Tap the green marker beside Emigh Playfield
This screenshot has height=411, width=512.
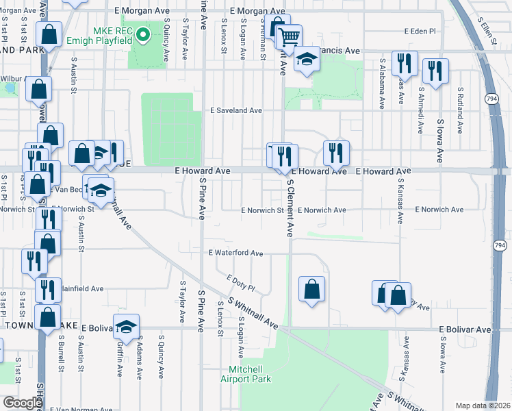[143, 34]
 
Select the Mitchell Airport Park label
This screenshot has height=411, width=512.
[245, 374]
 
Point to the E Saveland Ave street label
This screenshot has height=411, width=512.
[236, 110]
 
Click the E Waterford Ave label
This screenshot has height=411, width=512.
[236, 253]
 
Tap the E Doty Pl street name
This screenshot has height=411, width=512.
[240, 283]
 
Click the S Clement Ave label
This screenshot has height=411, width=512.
[290, 208]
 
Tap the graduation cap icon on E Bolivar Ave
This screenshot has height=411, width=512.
[127, 328]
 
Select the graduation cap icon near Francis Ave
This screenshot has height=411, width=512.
[307, 60]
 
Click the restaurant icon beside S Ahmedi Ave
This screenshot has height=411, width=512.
[435, 69]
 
